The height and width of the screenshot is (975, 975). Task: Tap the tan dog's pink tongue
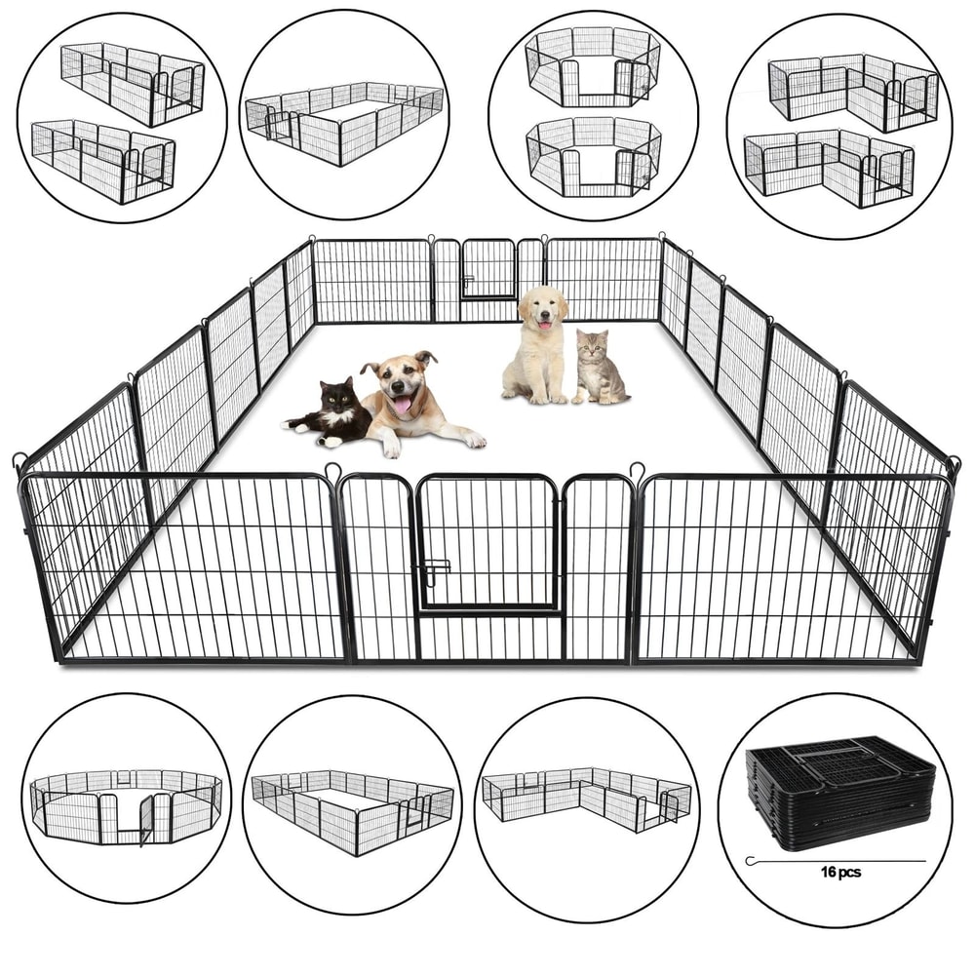click(x=402, y=405)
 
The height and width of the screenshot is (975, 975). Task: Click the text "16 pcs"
click(x=840, y=873)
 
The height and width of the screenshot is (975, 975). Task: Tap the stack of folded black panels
click(x=840, y=791)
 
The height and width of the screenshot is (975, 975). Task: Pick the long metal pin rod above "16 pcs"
click(x=837, y=860)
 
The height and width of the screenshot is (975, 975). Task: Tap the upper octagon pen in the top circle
click(x=593, y=66)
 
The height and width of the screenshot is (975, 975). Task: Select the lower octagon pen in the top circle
click(x=593, y=154)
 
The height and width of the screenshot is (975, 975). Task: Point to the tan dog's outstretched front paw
click(x=473, y=440)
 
